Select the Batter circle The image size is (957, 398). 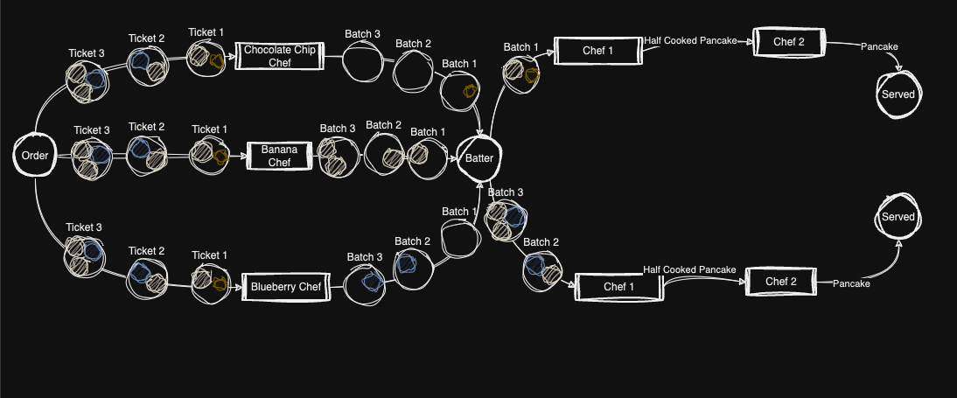[x=478, y=158]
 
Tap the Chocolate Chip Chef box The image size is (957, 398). [x=280, y=57]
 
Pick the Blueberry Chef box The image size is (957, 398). [x=285, y=286]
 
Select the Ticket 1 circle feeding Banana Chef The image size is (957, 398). [x=210, y=156]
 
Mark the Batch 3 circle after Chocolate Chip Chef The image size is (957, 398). [x=362, y=62]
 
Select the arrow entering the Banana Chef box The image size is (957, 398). [x=240, y=156]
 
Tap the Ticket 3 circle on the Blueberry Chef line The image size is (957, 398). [x=85, y=255]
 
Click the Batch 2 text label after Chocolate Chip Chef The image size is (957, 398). [x=413, y=43]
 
